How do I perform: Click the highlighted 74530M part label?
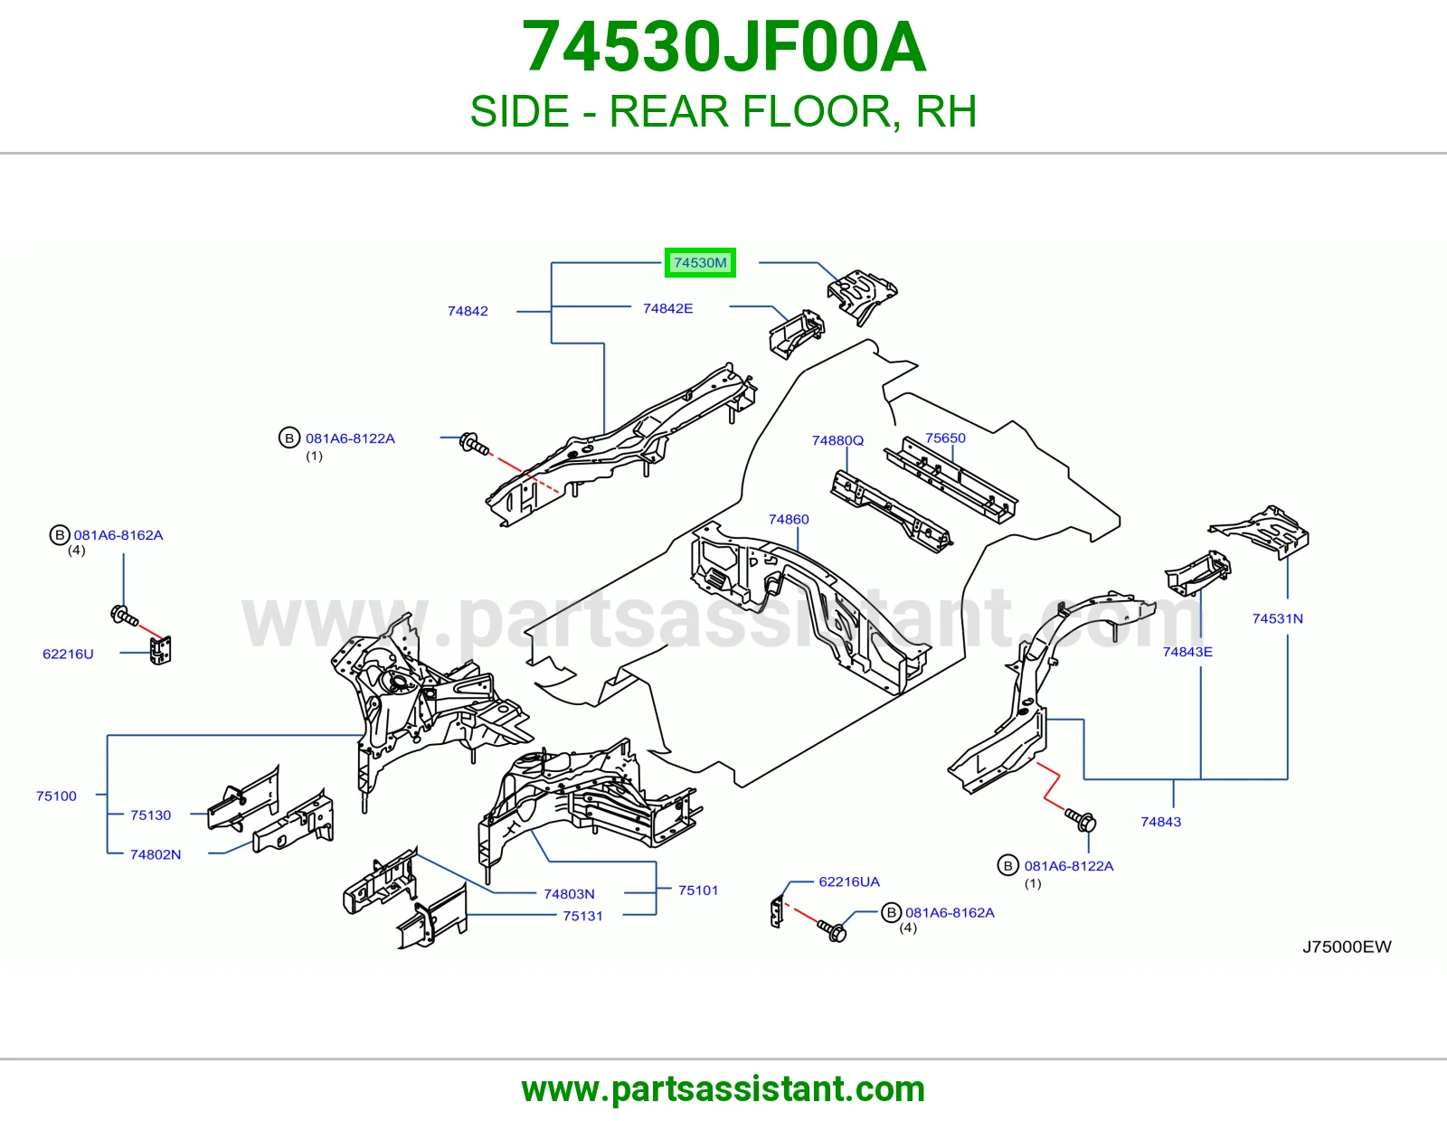pos(700,262)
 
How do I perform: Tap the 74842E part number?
pos(668,308)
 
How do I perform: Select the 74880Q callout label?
pos(837,440)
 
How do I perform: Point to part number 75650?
pos(945,438)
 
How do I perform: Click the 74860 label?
pos(789,519)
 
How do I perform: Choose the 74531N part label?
pos(1277,618)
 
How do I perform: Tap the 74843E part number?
pos(1187,652)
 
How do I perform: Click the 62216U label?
pos(68,654)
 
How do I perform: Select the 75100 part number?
pos(56,796)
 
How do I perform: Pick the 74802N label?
pos(156,854)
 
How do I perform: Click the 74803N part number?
pos(569,893)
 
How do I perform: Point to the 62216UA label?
pos(849,881)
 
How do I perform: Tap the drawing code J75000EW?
pos(1347,947)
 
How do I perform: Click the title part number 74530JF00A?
pos(723,47)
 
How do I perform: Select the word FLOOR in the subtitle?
pos(817,111)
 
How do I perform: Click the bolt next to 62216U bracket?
pos(125,616)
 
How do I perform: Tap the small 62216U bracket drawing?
pos(160,650)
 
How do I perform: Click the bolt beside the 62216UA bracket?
pos(832,930)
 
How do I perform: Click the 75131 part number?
pos(582,916)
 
